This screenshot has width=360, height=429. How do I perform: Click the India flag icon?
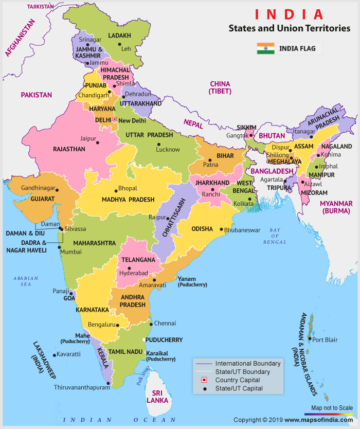point(266,49)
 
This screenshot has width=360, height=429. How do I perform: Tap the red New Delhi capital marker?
point(115,119)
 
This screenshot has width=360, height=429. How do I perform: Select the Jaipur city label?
point(88,138)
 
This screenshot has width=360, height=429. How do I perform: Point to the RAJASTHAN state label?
point(69,149)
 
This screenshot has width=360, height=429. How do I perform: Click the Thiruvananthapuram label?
point(82,388)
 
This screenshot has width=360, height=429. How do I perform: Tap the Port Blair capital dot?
point(309,339)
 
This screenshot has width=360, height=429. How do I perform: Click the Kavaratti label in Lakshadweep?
point(69,354)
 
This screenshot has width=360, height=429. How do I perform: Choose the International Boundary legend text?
point(248,364)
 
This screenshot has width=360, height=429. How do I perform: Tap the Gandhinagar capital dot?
point(57,190)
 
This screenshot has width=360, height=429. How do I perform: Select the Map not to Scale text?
point(332,408)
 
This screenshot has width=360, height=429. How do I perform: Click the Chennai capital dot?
point(150,324)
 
